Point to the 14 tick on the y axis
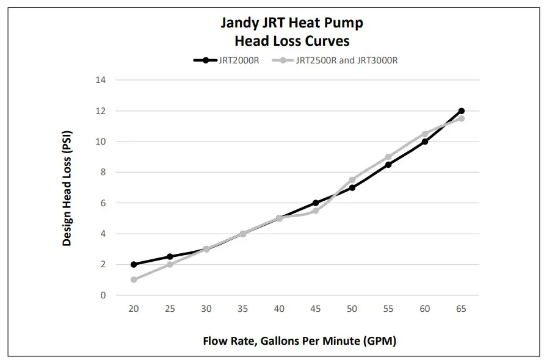click(x=101, y=80)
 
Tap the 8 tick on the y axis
click(x=103, y=172)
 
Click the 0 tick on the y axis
click(x=103, y=295)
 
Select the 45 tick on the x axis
click(x=316, y=309)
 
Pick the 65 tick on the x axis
click(x=461, y=309)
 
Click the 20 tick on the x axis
click(x=133, y=309)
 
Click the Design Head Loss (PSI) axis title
click(x=67, y=187)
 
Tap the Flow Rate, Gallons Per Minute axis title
click(x=299, y=341)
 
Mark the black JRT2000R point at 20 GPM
click(x=134, y=264)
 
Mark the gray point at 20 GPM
click(x=134, y=279)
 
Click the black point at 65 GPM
click(x=461, y=111)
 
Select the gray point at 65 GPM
click(x=461, y=118)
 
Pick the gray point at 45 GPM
click(x=316, y=211)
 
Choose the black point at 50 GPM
click(x=352, y=187)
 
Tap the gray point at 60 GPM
click(x=425, y=134)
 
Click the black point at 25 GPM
click(x=170, y=256)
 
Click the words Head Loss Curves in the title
click(x=292, y=41)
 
